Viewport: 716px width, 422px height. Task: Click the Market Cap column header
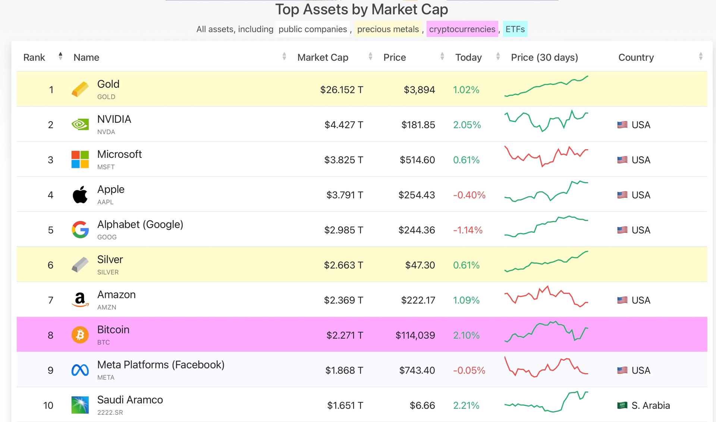pos(323,57)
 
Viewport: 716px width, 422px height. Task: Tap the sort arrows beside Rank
pos(60,56)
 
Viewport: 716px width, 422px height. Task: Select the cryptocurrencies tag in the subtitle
pos(462,29)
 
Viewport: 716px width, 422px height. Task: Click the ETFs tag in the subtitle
pos(515,29)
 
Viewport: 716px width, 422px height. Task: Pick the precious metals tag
pos(388,29)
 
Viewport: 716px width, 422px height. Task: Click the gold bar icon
pos(80,90)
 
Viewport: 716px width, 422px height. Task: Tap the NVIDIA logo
pos(80,124)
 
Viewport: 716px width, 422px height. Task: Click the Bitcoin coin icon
pos(80,335)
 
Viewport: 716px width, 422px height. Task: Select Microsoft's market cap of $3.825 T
pos(343,160)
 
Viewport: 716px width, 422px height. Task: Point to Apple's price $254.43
pos(417,195)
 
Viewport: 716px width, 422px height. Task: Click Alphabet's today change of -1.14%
pos(468,230)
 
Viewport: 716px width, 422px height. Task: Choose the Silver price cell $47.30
pos(420,265)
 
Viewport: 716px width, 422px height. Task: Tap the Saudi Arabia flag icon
pos(622,405)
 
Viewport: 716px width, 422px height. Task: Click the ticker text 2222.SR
pos(110,412)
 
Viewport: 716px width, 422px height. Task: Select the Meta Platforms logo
pos(80,370)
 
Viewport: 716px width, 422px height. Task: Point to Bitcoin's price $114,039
pos(415,335)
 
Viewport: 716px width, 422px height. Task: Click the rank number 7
pos(51,300)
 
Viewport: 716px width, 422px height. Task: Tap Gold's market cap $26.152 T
pos(342,90)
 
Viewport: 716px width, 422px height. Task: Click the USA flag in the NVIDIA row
pos(622,125)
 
